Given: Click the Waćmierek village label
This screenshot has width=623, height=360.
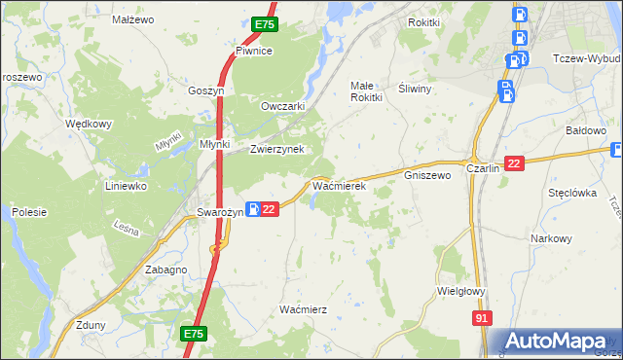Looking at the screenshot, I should point(338,184).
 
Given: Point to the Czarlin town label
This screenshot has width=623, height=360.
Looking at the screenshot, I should point(483,167).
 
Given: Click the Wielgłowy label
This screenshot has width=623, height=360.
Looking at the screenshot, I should point(461,290).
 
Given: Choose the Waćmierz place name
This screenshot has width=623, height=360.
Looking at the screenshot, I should point(303,308).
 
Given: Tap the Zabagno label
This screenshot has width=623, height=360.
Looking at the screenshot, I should point(165,270).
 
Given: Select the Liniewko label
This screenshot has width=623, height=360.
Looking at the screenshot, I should point(126,185).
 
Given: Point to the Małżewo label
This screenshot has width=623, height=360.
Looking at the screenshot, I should point(133,19).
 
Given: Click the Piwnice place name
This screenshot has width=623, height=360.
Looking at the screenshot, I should point(253,51).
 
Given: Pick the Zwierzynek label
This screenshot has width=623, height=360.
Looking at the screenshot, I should point(277,149).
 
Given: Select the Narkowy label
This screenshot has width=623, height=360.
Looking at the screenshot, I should point(550,238).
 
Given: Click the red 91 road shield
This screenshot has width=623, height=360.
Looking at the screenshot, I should point(483,318).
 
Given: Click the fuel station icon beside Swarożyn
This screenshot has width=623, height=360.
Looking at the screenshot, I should point(251,208).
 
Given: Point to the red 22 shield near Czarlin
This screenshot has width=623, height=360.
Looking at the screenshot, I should point(515,164).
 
